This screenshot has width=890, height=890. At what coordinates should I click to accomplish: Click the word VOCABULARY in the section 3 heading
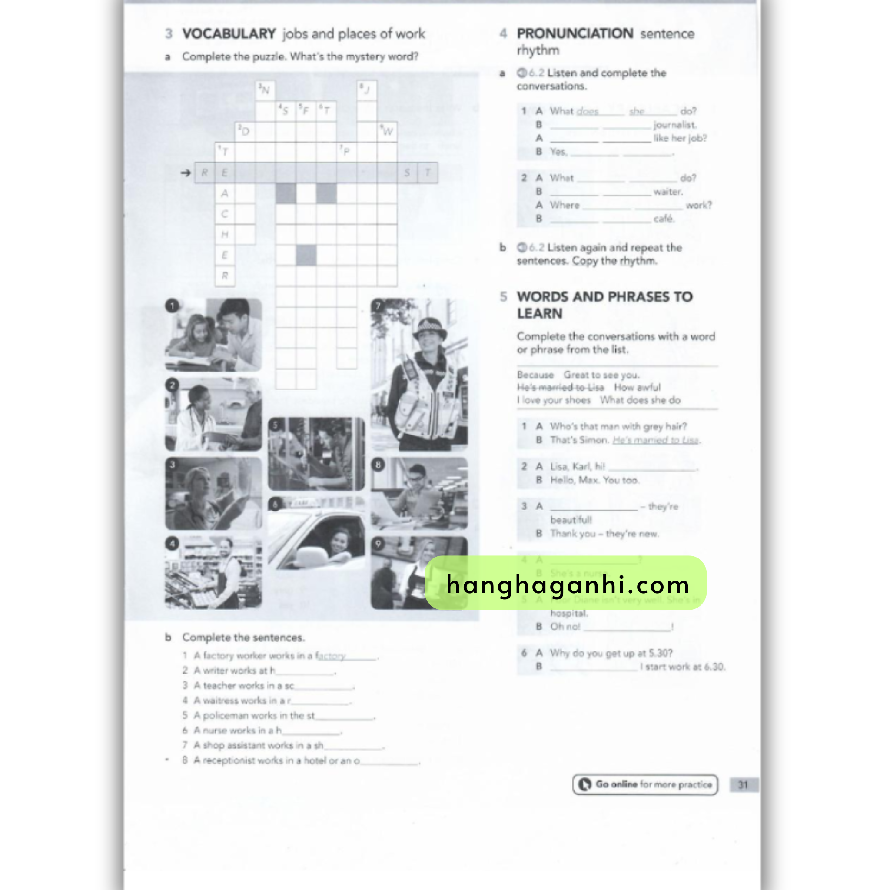click(x=229, y=33)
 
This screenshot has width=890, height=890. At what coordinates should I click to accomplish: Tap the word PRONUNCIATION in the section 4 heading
click(x=575, y=33)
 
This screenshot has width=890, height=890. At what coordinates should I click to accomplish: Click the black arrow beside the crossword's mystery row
click(x=186, y=173)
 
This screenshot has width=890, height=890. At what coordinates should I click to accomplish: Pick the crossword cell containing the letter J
click(x=367, y=90)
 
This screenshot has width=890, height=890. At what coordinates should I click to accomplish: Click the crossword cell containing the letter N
click(x=266, y=90)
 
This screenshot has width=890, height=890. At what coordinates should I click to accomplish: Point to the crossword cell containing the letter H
click(x=225, y=235)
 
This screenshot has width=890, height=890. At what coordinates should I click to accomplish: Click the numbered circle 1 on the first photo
click(x=172, y=306)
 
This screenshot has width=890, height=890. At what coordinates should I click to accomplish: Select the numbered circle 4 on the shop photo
click(x=172, y=544)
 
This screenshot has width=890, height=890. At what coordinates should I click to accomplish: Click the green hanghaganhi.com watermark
click(x=565, y=583)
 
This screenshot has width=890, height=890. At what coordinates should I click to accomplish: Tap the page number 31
click(x=743, y=784)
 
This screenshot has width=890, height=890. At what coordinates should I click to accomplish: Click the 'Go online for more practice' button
click(x=645, y=784)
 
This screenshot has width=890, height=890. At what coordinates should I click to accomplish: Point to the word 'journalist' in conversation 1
click(x=674, y=125)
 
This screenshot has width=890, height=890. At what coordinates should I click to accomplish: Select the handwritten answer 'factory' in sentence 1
click(x=331, y=655)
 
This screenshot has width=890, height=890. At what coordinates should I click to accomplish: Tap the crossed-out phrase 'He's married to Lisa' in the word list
click(x=560, y=387)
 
